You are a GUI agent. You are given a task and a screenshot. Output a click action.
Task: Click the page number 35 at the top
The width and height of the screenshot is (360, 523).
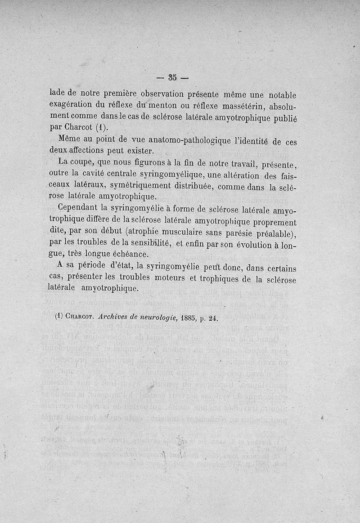[172, 77]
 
